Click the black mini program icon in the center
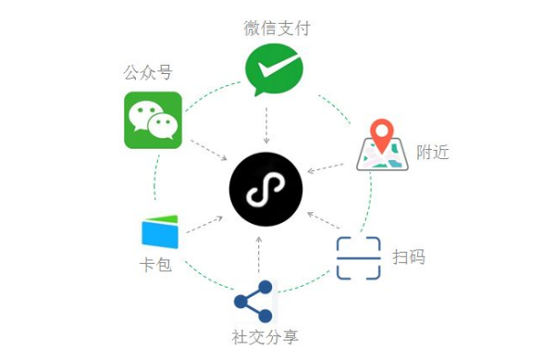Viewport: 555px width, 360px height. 266,192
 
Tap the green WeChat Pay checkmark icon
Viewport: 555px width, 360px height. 268,72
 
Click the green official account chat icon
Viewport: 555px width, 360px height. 153,119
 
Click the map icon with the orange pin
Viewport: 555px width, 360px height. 383,145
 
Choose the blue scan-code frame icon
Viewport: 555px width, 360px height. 358,258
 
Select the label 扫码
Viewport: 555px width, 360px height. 409,256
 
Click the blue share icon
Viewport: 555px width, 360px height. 254,301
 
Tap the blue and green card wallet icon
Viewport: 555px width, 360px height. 159,230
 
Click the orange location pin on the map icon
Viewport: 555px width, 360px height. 381,132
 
